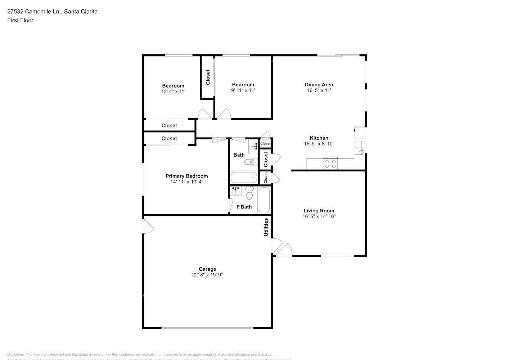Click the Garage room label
[x=207, y=269]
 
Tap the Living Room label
[x=319, y=211]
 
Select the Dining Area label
[x=319, y=85]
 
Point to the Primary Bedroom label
[x=186, y=176]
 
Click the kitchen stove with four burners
[x=330, y=164]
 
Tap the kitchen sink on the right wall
[x=359, y=148]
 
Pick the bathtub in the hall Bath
[x=244, y=177]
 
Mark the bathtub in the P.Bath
[x=264, y=200]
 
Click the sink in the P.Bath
[x=236, y=191]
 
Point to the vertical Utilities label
[x=266, y=227]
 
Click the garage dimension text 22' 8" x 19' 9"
[x=207, y=275]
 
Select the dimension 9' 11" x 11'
[x=243, y=90]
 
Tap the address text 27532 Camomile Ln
[x=33, y=12]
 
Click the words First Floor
[x=20, y=20]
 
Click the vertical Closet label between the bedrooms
[x=208, y=77]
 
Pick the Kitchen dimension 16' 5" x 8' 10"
[x=319, y=144]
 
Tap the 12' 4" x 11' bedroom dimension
[x=173, y=91]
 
